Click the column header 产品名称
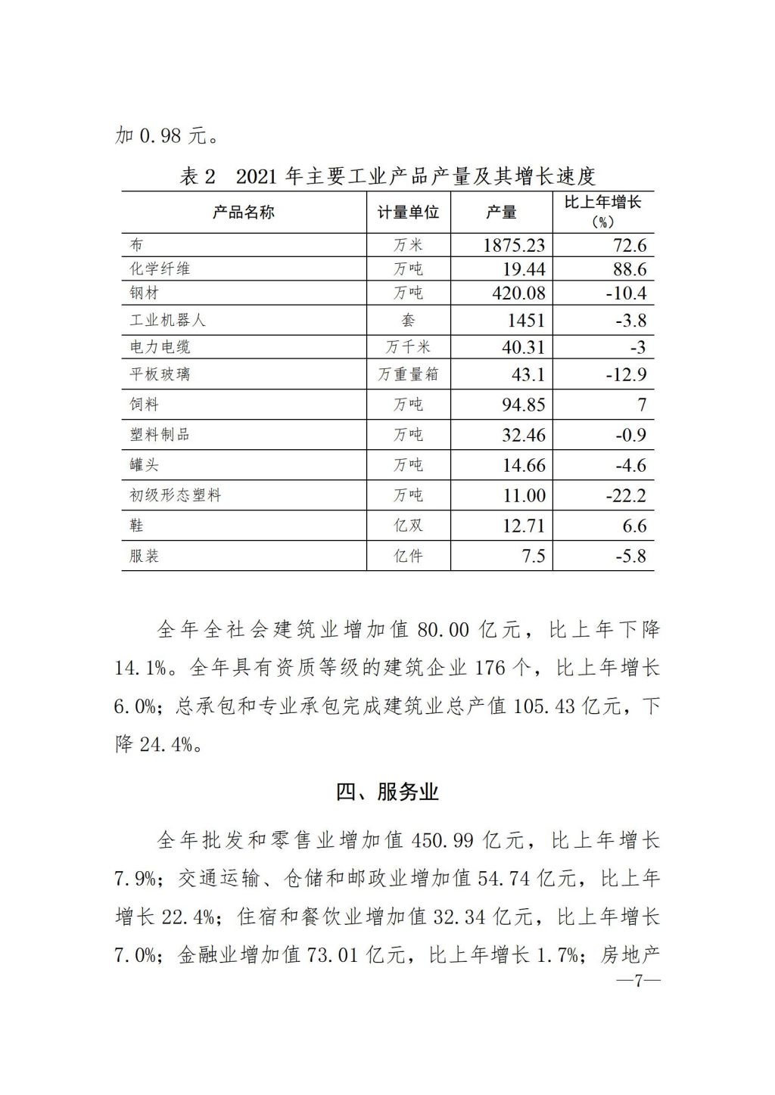[x=243, y=212]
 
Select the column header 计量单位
[x=408, y=212]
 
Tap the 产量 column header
[x=501, y=212]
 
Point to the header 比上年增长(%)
[x=603, y=212]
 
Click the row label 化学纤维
[x=160, y=269]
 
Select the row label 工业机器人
[x=167, y=320]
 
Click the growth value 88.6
[x=629, y=269]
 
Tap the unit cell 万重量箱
[x=408, y=374]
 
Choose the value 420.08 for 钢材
[x=518, y=293]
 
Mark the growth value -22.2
[x=626, y=496]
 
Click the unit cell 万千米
[x=408, y=347]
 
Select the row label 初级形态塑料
[x=175, y=496]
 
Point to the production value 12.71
[x=524, y=526]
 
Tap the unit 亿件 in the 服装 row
[x=408, y=557]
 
